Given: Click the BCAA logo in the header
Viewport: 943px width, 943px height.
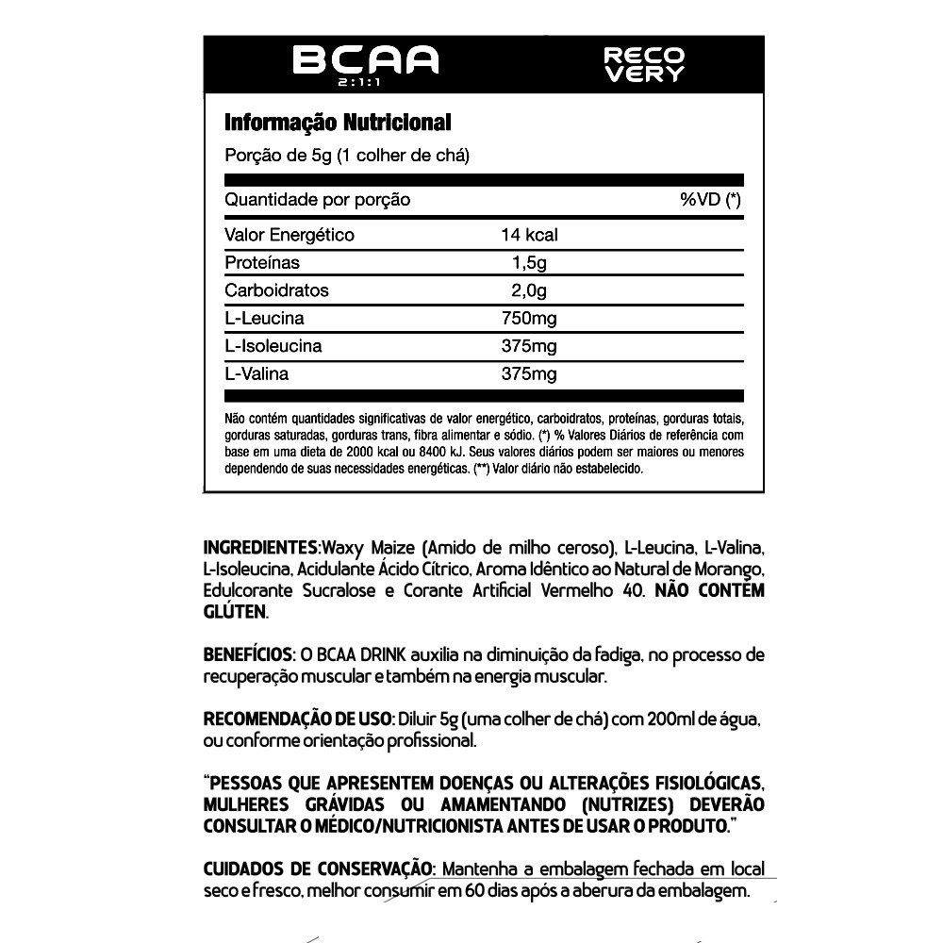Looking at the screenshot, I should (366, 60).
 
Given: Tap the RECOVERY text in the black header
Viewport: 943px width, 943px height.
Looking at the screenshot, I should (644, 65).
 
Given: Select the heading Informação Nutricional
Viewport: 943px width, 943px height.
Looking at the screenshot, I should (338, 123).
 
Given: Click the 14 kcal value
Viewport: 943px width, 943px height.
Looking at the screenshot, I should (529, 235).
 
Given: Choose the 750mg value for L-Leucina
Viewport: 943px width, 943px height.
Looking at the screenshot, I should (529, 318).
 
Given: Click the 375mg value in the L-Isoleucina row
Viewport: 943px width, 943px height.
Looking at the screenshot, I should (529, 346).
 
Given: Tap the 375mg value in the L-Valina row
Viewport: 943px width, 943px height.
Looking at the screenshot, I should (529, 374).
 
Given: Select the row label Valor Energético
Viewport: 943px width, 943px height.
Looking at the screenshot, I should (290, 235).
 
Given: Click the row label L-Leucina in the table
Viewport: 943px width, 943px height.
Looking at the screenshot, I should (264, 318).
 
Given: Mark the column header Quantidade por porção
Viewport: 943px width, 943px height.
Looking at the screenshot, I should (317, 200).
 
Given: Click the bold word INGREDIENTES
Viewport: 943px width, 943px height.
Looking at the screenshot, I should (262, 548).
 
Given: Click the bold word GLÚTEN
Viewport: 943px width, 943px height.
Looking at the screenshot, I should (235, 612).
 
